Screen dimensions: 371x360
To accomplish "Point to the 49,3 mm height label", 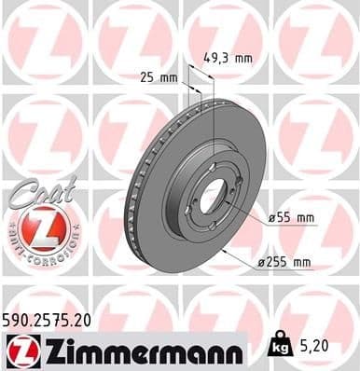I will click(228, 57).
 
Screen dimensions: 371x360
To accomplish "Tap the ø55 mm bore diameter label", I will click(291, 217).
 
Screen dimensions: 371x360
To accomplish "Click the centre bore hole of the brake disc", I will click(214, 195).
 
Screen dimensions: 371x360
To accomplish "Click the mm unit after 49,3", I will click(242, 57).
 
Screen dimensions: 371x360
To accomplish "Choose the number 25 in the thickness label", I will click(147, 76).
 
